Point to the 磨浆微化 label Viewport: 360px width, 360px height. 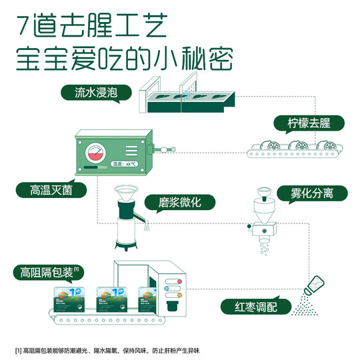[x=170, y=202]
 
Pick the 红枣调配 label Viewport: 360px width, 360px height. [x=256, y=307]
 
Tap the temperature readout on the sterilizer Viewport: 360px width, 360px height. [x=125, y=163]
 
